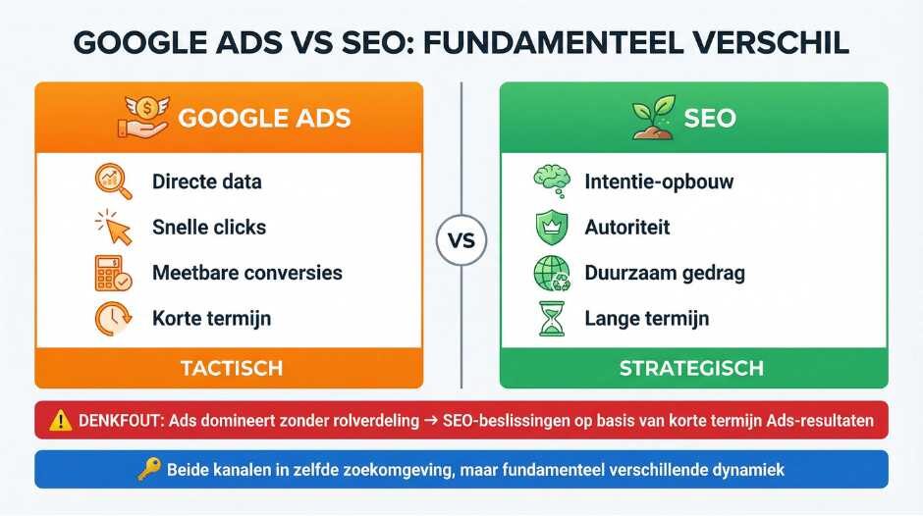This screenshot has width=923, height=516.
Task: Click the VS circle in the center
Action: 461,239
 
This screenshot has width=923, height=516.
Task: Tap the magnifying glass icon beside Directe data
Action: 111,181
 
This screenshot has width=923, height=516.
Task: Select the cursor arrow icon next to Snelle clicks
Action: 114,227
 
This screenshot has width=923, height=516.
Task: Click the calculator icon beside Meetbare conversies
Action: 111,273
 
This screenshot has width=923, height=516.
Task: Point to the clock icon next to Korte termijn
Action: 111,318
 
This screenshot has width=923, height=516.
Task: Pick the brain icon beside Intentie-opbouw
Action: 548,181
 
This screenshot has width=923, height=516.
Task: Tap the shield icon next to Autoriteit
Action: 547,227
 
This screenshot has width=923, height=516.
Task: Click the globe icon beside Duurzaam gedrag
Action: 548,273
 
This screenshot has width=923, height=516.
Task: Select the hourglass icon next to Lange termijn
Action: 547,318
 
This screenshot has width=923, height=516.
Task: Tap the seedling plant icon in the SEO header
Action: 646,117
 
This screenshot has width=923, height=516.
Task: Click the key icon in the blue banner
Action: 148,470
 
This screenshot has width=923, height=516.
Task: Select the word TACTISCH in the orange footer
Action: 232,369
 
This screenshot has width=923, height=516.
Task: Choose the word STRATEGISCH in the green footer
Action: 691,369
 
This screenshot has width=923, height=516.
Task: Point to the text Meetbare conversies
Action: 247,273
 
